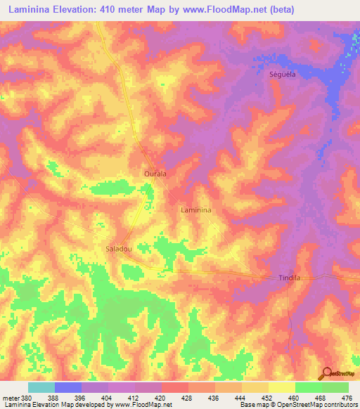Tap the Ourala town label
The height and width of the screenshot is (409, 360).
pos(154,175)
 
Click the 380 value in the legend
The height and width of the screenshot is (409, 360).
pos(27,398)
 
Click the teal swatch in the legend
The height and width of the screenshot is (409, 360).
pos(41,387)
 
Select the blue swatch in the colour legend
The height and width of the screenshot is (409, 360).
pos(68,387)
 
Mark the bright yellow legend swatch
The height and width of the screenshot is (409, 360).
pos(282,387)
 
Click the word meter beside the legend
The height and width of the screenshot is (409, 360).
pos(11,398)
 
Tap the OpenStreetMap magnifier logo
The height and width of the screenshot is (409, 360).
pos(326,373)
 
